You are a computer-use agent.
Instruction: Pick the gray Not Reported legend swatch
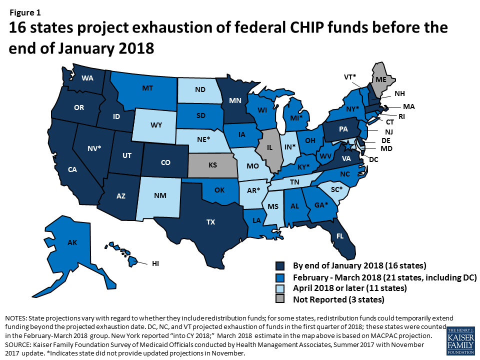tap(281, 300)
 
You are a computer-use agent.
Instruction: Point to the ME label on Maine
tap(381, 78)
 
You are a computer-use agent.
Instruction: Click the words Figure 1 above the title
tap(23, 12)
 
